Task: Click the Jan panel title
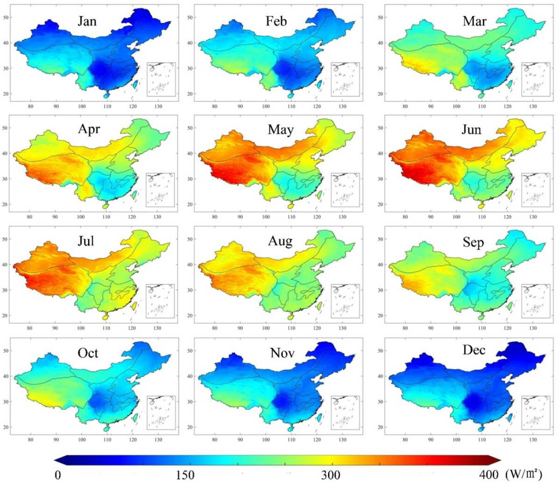tap(87, 21)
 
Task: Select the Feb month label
tap(276, 21)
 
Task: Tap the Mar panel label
tap(474, 21)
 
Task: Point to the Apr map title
tap(89, 129)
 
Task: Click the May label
tap(280, 130)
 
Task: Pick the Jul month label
tap(86, 241)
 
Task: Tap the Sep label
tap(473, 242)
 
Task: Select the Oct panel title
tap(88, 353)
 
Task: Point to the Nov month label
tap(282, 353)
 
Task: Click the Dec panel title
tap(474, 350)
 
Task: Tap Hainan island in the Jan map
tap(107, 95)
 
